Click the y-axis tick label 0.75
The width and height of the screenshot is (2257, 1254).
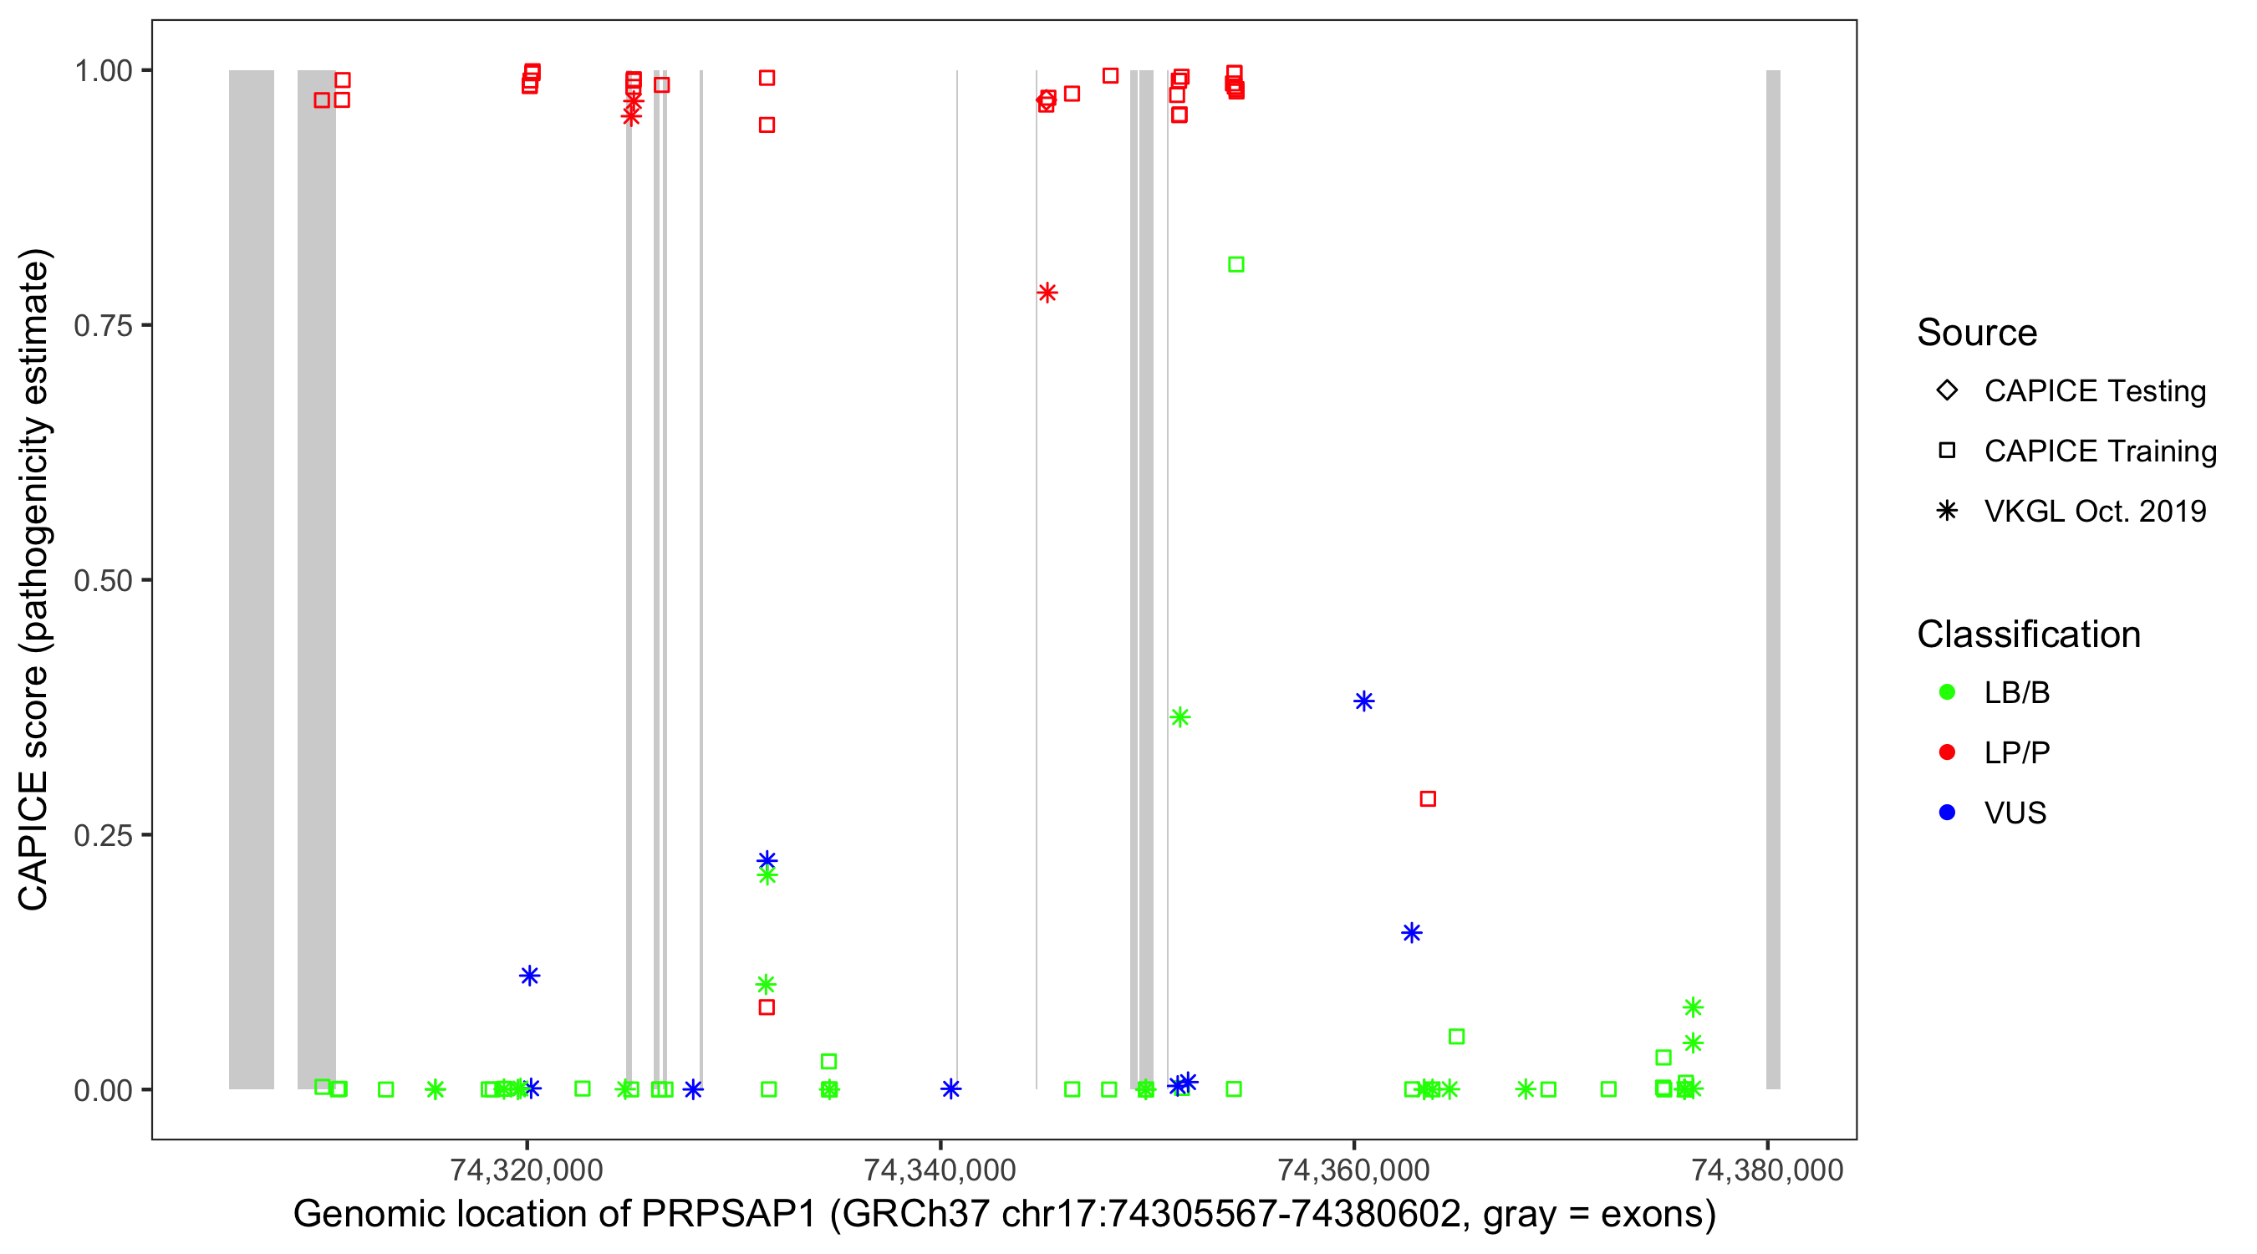tap(102, 326)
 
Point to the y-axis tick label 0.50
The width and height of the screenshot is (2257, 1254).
tap(102, 580)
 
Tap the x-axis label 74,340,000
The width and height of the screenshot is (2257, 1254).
tap(940, 1170)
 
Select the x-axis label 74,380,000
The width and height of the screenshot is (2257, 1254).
tap(1767, 1170)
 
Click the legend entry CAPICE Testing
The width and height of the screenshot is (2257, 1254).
tap(2094, 391)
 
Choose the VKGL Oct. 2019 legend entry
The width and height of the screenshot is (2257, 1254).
tap(2094, 511)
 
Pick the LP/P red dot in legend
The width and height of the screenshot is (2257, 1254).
tap(1947, 752)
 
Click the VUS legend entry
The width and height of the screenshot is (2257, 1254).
tap(2015, 813)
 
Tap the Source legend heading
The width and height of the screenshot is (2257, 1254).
tap(1977, 333)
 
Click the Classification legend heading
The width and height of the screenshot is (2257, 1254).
tap(2028, 635)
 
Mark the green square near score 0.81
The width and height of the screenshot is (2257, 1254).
tap(1235, 265)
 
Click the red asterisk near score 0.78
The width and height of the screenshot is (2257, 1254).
tap(1047, 293)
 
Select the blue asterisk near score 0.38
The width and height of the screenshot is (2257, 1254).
tap(1363, 701)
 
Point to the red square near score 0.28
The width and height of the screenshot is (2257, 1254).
tap(1428, 799)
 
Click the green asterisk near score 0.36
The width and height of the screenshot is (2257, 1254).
tap(1179, 717)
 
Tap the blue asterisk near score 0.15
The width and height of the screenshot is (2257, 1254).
tap(1412, 932)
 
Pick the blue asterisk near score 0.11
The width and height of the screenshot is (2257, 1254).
tap(529, 976)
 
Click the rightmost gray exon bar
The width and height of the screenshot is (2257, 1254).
tap(1773, 579)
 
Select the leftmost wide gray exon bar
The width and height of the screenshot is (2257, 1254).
tap(252, 579)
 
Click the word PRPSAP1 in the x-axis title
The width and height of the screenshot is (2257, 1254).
tap(728, 1215)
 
